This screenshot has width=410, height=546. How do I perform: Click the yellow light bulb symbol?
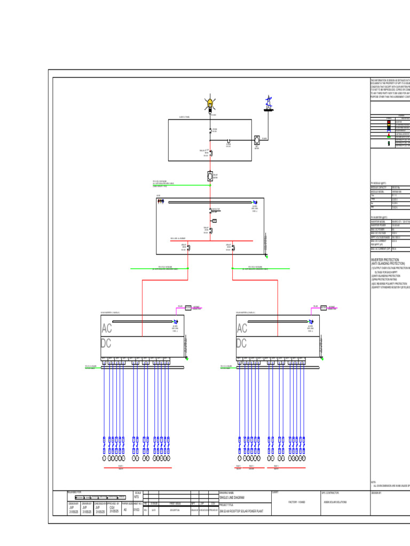point(210,102)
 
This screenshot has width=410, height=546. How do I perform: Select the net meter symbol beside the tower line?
point(257,140)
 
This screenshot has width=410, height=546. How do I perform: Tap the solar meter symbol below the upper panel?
point(210,175)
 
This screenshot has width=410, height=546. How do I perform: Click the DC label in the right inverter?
point(242,343)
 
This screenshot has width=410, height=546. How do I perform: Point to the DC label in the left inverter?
point(107,343)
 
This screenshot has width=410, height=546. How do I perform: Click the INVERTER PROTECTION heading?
point(384,260)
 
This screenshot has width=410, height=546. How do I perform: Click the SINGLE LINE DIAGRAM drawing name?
point(231,497)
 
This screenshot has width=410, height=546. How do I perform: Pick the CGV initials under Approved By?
point(112,508)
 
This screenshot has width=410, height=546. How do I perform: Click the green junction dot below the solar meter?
point(210,186)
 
